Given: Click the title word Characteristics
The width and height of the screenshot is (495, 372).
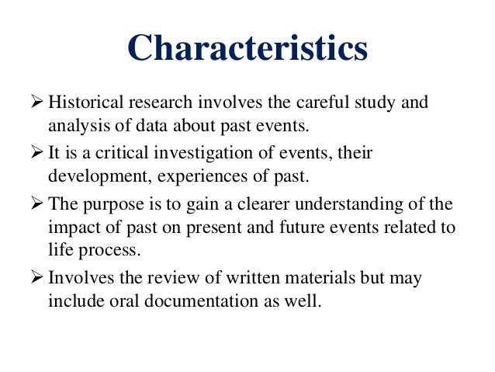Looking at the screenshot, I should [247, 48].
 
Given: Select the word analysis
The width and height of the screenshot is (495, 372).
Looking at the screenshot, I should [74, 124].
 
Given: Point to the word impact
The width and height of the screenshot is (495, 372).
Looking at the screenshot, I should [71, 227].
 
